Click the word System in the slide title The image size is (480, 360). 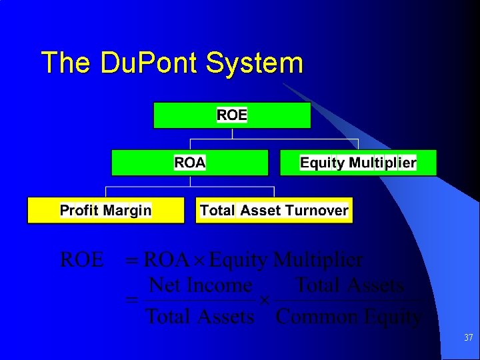255,63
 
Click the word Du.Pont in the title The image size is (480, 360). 151,63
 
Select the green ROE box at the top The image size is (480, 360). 232,115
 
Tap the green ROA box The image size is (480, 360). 190,163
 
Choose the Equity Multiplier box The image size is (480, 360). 358,163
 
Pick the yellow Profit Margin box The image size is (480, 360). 105,211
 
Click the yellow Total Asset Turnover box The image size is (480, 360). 274,211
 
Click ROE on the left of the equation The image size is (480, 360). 82,259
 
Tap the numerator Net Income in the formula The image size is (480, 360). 200,286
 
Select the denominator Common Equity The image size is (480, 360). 349,317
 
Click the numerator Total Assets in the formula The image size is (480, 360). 349,286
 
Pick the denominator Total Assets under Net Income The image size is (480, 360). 200,317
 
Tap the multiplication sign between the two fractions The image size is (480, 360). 264,301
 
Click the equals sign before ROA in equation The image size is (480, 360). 132,260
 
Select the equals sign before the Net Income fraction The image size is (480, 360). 132,302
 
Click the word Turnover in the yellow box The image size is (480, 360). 317,211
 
